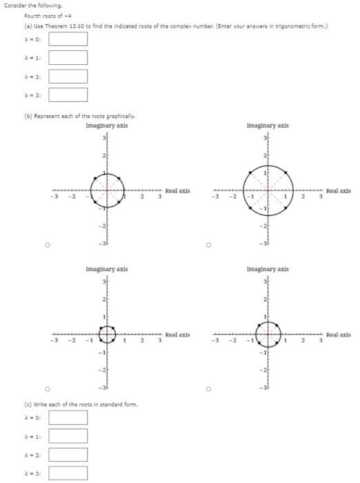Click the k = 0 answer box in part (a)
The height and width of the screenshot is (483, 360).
[x=68, y=39]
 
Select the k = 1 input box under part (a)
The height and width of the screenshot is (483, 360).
[x=68, y=57]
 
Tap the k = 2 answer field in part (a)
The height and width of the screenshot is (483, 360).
[x=68, y=76]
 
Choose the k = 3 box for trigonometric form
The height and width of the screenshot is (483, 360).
[x=68, y=95]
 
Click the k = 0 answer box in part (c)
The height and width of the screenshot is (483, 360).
[x=68, y=417]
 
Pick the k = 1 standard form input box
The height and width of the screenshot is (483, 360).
[x=68, y=436]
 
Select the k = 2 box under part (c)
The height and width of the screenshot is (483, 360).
[x=68, y=455]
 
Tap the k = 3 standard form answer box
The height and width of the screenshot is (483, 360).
[x=68, y=473]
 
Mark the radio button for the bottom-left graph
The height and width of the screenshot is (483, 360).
[x=48, y=388]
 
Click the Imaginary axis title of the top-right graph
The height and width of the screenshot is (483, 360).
[x=268, y=126]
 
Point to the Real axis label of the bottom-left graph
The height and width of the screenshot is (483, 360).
[x=177, y=335]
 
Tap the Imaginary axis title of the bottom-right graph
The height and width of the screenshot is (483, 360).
[x=268, y=269]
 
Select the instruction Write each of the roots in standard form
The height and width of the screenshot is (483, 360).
[x=68, y=404]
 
